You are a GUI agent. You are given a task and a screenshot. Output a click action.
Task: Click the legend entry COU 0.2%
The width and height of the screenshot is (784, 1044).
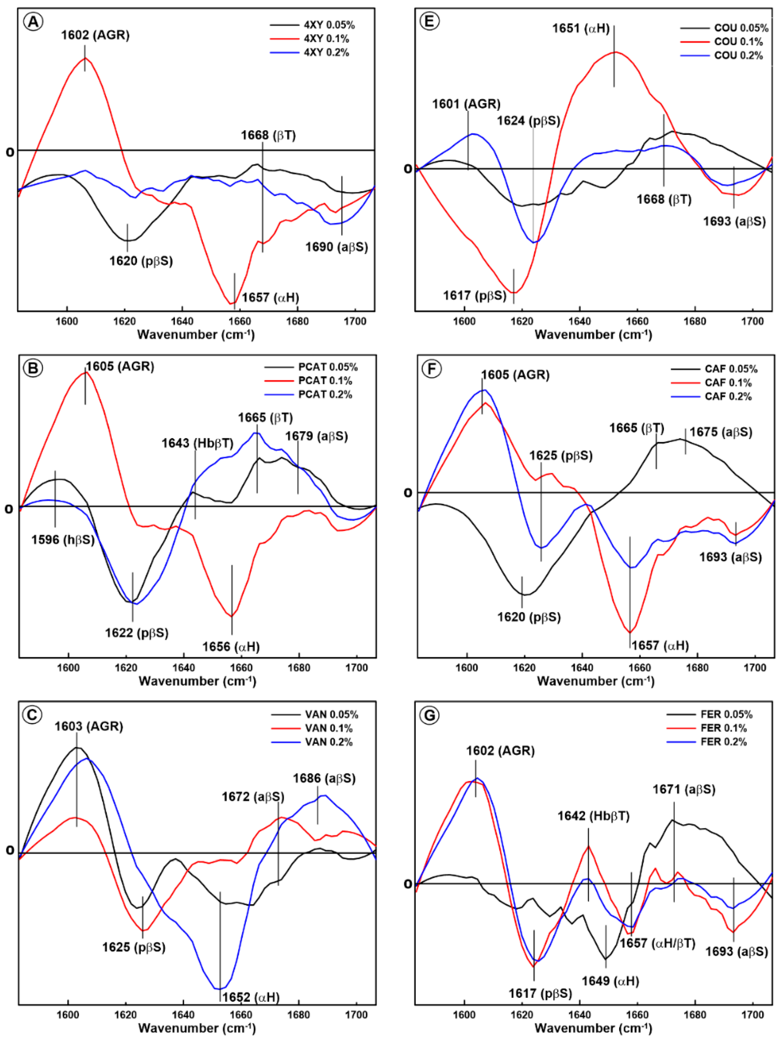[x=738, y=56]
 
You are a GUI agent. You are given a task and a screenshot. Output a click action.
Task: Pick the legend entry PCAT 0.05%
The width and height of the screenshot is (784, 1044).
[x=328, y=367]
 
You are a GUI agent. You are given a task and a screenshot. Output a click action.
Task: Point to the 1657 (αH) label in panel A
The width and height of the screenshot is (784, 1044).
[x=271, y=297]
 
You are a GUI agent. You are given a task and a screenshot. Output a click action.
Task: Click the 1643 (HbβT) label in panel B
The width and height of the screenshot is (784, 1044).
[x=197, y=443]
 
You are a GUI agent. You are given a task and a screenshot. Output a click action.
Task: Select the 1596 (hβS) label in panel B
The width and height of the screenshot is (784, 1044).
[x=63, y=540]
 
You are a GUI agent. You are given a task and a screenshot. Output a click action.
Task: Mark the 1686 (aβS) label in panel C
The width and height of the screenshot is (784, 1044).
[x=324, y=778]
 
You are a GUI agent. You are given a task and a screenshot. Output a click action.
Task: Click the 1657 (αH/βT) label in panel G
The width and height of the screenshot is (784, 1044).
[x=657, y=943]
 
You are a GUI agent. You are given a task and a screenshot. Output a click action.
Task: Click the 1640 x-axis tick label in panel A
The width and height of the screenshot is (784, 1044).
[x=182, y=322]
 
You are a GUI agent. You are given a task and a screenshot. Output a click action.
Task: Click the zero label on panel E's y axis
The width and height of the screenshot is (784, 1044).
[x=408, y=168]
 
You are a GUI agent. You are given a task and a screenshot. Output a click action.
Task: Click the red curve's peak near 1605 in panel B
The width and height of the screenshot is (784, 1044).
[x=85, y=372]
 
